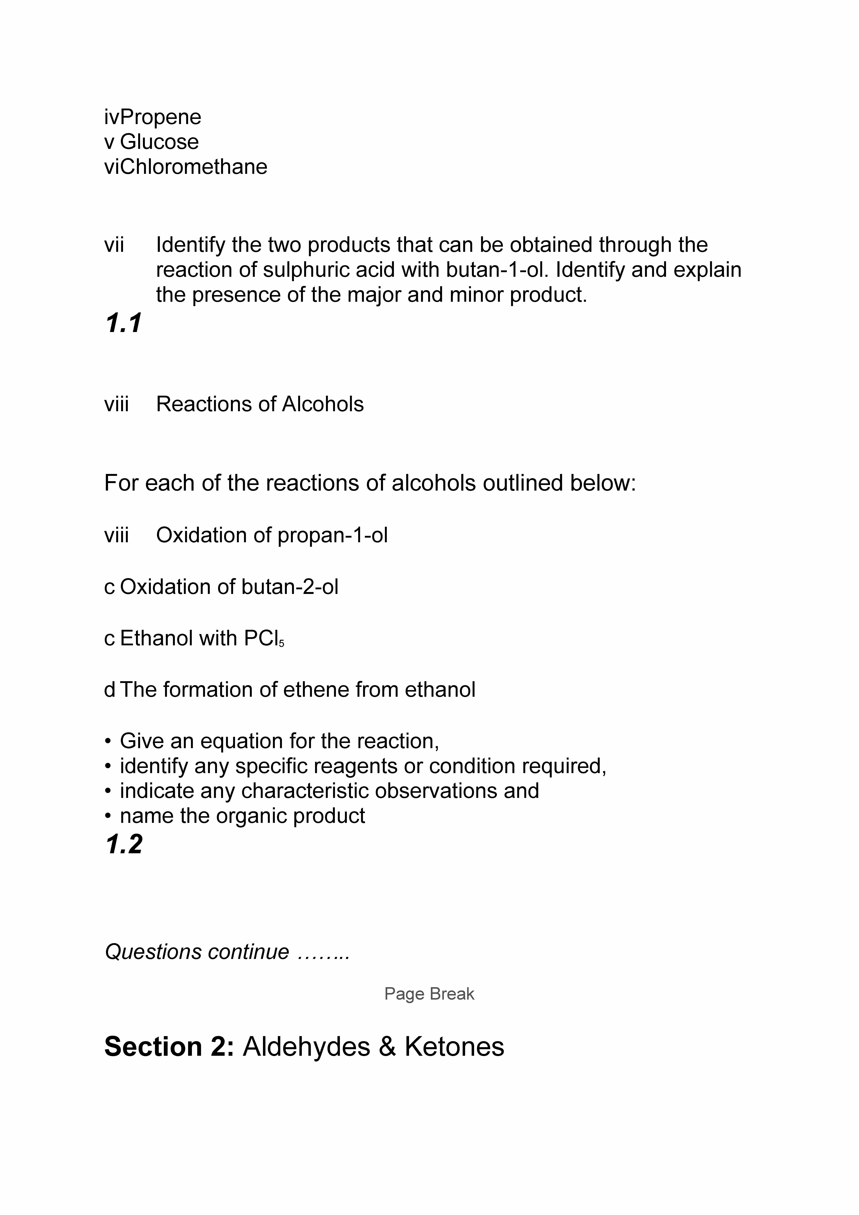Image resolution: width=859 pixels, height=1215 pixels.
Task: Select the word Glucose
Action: (x=159, y=142)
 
